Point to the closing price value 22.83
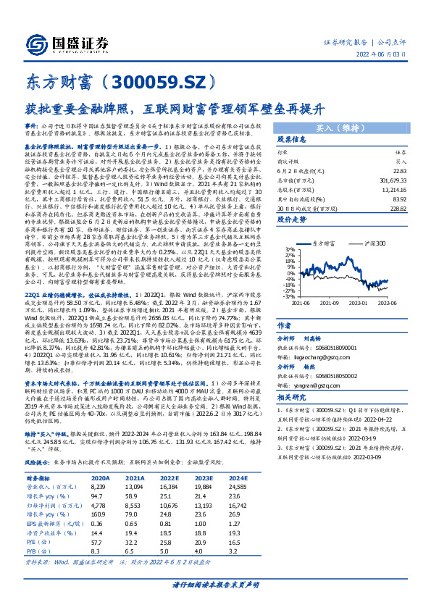click(x=397, y=170)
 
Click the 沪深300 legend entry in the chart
click(x=374, y=246)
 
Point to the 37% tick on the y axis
click(x=289, y=251)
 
